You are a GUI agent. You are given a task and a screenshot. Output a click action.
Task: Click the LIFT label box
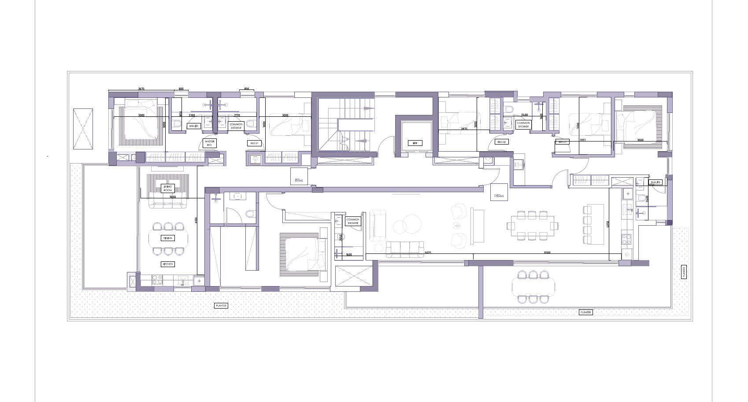coord(415,143)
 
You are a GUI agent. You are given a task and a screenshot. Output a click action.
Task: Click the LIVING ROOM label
coord(168,189)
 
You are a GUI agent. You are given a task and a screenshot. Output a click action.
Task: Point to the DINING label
coord(168,238)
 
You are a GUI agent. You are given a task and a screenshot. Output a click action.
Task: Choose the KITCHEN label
coord(168,264)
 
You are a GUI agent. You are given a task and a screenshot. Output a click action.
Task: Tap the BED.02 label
coord(502,142)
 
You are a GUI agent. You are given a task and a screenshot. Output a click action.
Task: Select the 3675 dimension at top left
coord(141,89)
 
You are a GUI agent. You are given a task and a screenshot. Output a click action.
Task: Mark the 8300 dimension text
coord(547,253)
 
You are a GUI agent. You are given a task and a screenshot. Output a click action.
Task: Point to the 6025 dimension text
coord(428,253)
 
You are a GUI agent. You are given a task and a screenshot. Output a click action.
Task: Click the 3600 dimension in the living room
coord(173,197)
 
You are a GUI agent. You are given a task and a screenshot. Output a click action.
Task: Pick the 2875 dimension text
coord(464,129)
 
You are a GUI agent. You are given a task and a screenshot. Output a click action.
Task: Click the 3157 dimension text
coord(582,140)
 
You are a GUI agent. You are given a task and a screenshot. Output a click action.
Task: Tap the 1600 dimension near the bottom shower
coord(349,255)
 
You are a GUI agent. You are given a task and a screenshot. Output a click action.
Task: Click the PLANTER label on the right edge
coord(684,272)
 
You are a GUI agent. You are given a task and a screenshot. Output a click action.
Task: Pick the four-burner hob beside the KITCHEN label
coord(156,279)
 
